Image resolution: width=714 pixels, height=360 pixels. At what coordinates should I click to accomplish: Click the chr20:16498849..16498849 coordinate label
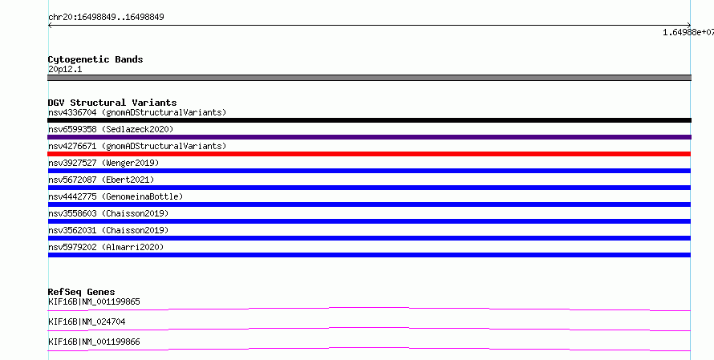(x=106, y=18)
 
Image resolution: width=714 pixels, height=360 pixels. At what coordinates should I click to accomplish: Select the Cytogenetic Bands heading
(x=95, y=59)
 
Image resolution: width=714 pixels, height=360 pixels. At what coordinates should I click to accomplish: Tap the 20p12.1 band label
(x=65, y=69)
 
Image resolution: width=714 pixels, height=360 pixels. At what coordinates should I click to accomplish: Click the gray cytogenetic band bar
(x=369, y=78)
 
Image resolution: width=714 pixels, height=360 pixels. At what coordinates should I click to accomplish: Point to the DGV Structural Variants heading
(x=112, y=103)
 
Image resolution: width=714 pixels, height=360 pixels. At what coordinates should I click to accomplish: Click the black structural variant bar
(x=369, y=120)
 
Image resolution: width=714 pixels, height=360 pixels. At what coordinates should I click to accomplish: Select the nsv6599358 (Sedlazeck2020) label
(x=111, y=129)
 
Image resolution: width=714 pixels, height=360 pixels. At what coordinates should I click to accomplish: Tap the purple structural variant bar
(x=369, y=137)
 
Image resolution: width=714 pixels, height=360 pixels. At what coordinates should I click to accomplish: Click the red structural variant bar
(x=369, y=154)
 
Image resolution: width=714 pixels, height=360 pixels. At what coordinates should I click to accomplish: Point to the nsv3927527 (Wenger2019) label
(x=103, y=163)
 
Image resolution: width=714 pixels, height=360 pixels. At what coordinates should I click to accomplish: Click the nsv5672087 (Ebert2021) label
(x=101, y=180)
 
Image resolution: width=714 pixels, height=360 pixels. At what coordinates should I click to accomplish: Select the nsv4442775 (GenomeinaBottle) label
(x=116, y=196)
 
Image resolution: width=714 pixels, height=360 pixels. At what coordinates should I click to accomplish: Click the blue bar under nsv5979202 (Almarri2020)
(x=369, y=255)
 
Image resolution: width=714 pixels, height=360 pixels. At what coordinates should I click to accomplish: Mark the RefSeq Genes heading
(x=82, y=292)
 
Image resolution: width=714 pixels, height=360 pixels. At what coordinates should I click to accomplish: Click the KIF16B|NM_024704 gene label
(x=87, y=322)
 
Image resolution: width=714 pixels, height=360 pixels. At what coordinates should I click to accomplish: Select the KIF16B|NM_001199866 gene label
(x=94, y=342)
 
